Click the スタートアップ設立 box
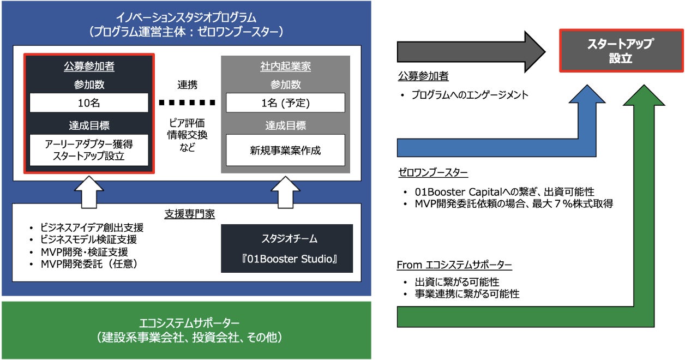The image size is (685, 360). (620, 51)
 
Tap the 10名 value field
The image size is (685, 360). (89, 103)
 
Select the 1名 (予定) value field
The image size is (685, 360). (285, 103)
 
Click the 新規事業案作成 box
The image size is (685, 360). (285, 150)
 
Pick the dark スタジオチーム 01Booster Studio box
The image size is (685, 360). (287, 248)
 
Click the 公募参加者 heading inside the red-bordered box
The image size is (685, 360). (89, 67)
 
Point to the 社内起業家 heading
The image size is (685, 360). (285, 67)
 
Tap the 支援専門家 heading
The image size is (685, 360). (187, 213)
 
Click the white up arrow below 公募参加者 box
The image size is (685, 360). (89, 190)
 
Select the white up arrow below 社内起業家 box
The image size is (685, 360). (285, 190)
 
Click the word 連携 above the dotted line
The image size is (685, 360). (187, 85)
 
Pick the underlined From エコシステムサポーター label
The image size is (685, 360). (454, 266)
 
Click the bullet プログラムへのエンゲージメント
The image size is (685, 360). (469, 95)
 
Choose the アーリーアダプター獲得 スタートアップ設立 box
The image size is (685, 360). (89, 150)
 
